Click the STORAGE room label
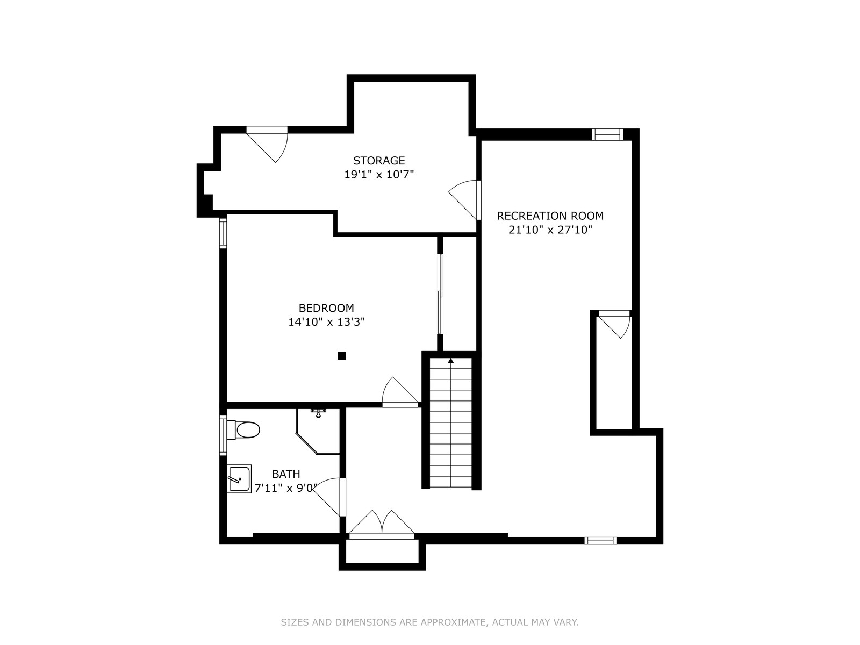coord(379,161)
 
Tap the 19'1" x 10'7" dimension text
coord(379,174)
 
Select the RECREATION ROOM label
coord(550,216)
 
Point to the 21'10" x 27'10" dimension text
coord(550,230)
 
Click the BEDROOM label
coord(326,308)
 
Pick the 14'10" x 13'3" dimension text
coord(326,322)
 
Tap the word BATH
coord(286,474)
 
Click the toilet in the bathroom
coord(243,429)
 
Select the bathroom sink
coord(239,478)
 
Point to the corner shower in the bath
coord(318,431)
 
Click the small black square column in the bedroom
coord(342,356)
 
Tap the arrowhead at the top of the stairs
coord(451,360)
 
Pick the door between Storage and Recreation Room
coord(465,200)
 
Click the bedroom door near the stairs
coord(400,392)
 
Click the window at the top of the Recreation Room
coord(607,134)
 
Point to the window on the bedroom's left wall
coord(223,233)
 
